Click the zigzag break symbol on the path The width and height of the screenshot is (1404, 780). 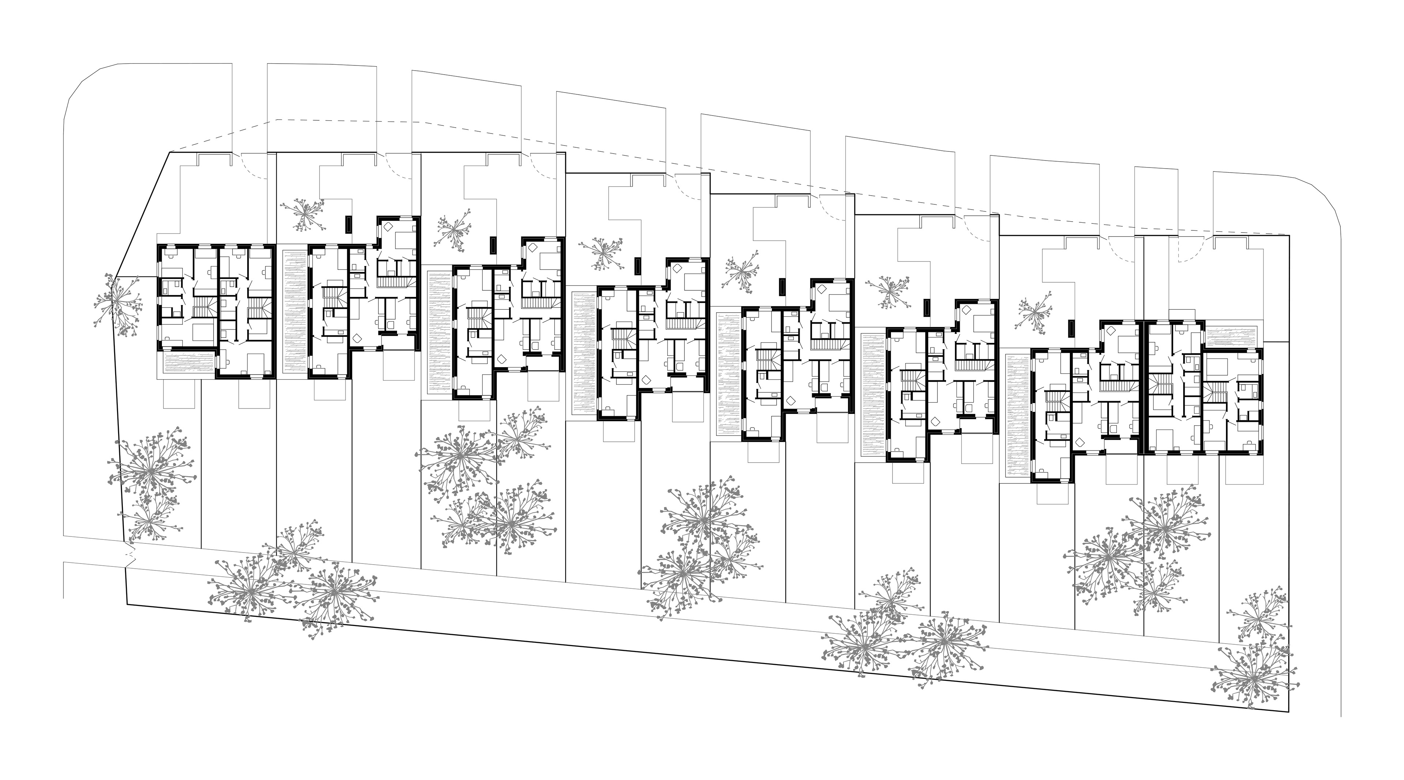click(x=129, y=555)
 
